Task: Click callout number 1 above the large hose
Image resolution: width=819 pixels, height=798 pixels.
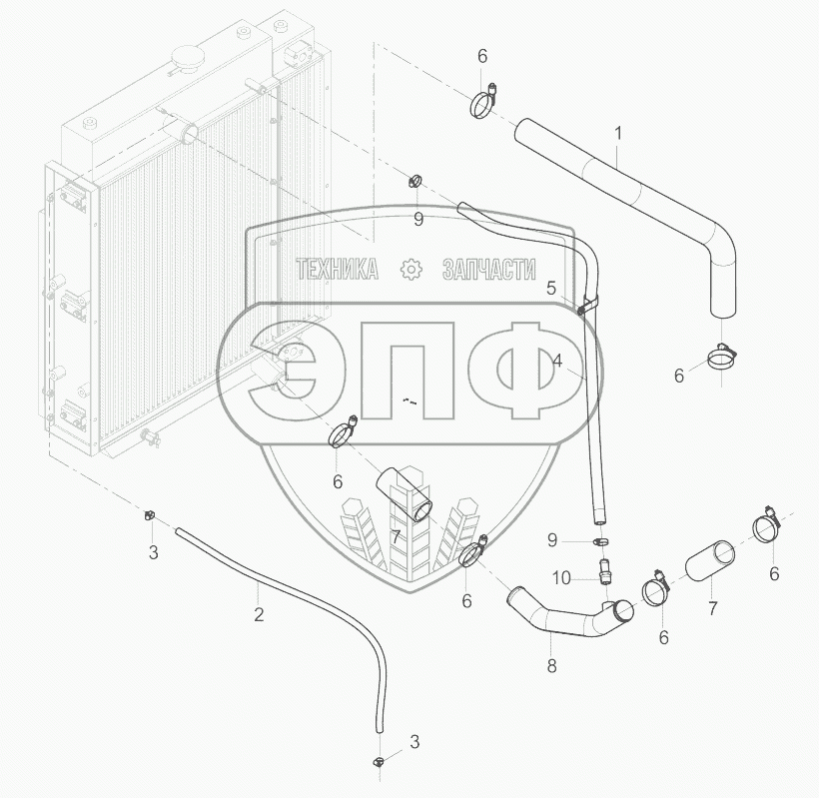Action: (x=618, y=132)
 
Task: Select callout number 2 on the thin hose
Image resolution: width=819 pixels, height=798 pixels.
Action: (x=258, y=614)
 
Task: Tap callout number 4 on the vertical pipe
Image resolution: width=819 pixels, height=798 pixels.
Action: (x=557, y=361)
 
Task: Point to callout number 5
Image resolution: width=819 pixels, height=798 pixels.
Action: (x=550, y=288)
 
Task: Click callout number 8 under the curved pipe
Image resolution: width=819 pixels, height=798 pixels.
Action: (x=552, y=663)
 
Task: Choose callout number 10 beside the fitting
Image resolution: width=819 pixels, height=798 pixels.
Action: (x=561, y=577)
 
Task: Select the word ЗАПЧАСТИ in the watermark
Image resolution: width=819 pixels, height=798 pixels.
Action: (x=487, y=269)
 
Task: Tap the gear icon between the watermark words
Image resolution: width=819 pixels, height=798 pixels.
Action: (x=409, y=269)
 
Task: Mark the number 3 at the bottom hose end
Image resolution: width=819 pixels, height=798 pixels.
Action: (x=414, y=741)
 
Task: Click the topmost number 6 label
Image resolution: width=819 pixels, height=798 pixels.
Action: (x=482, y=55)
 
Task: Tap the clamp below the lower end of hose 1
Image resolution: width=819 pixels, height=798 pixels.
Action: (x=722, y=356)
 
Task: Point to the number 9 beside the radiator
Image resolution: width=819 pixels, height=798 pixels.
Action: (x=418, y=217)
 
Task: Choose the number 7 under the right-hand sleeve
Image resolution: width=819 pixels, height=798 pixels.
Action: (x=712, y=607)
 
